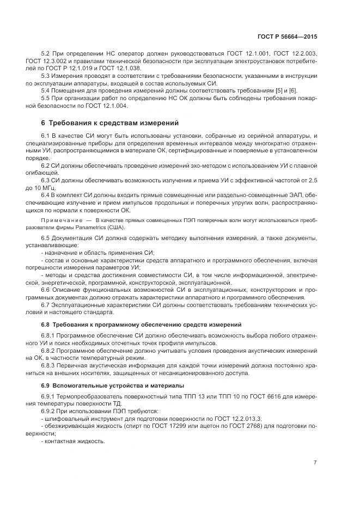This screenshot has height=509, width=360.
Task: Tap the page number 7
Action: (315, 463)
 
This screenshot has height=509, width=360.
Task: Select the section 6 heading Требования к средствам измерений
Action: (111, 122)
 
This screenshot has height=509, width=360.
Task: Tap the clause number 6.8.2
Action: (50, 351)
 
